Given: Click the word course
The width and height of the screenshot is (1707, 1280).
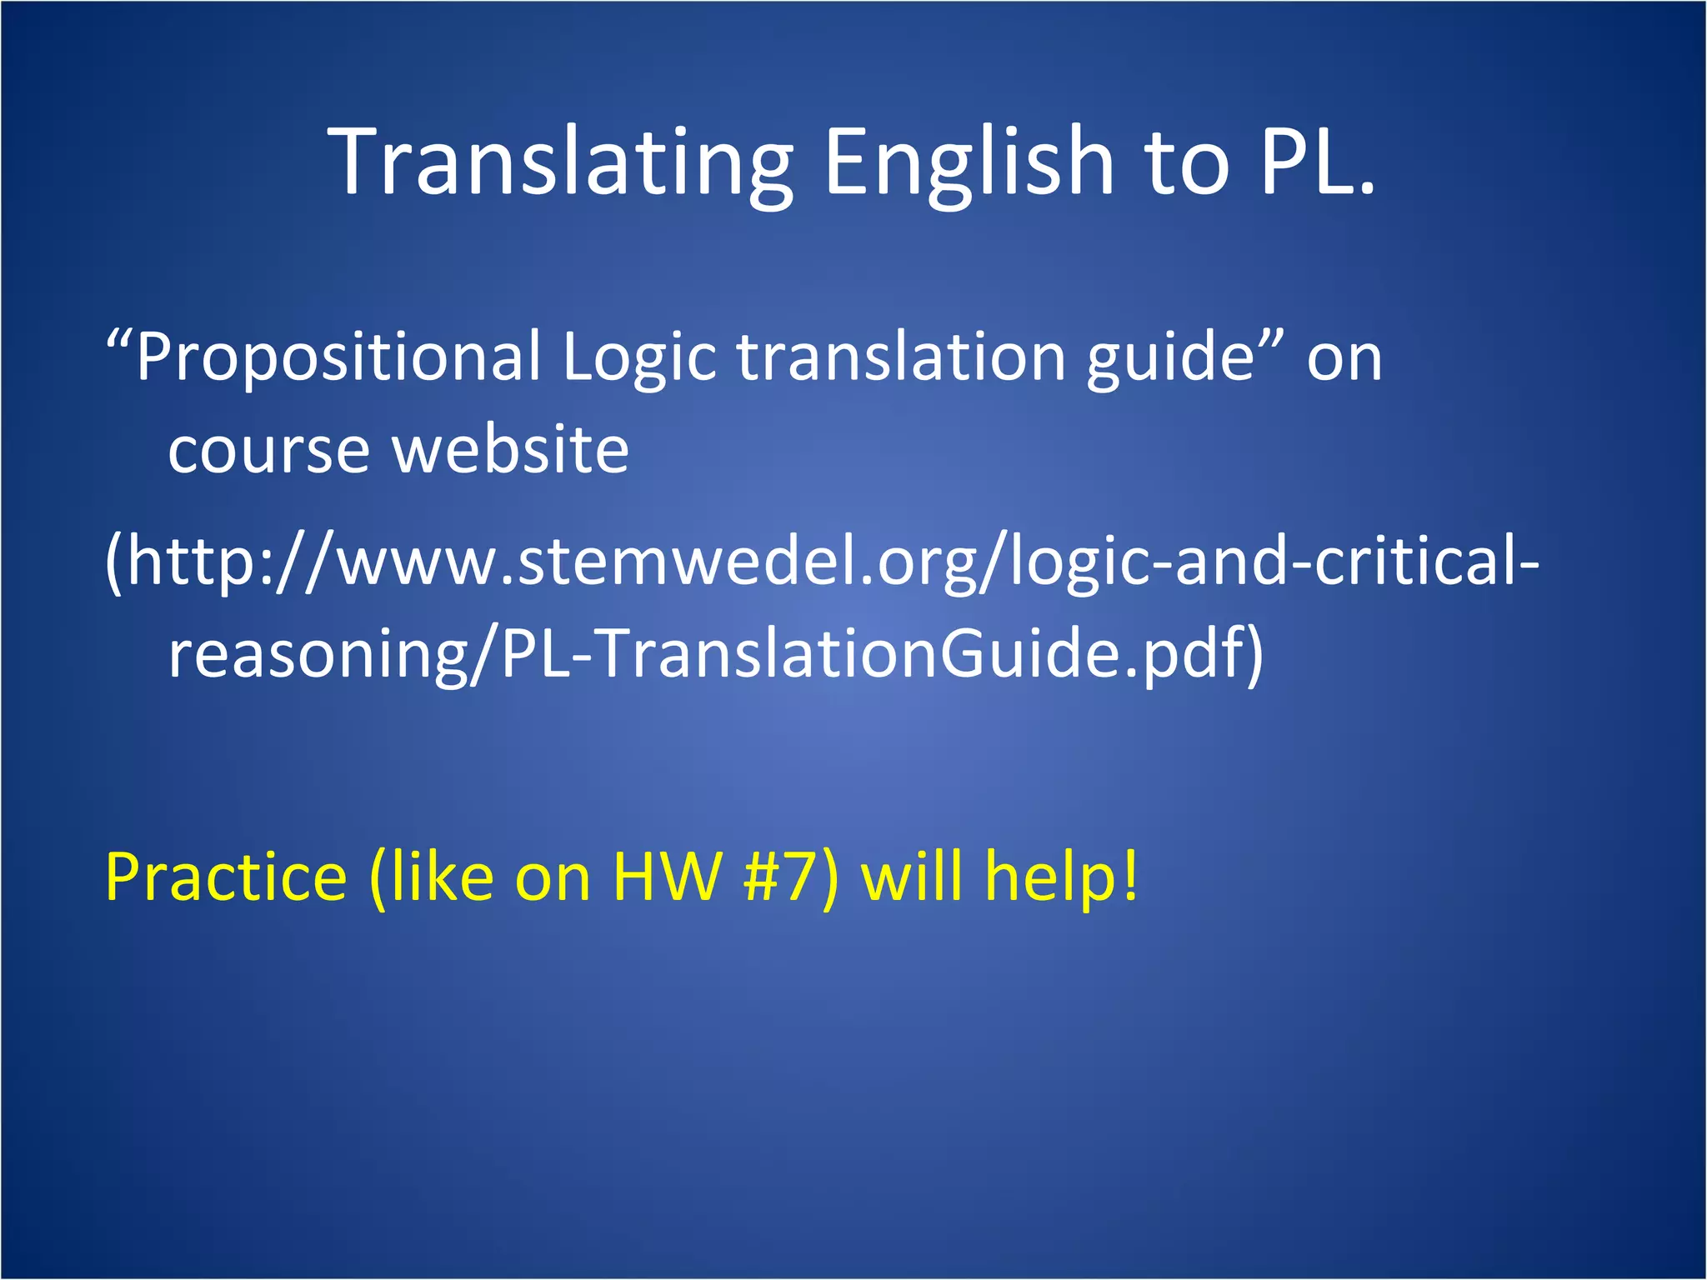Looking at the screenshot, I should pyautogui.click(x=268, y=450).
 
